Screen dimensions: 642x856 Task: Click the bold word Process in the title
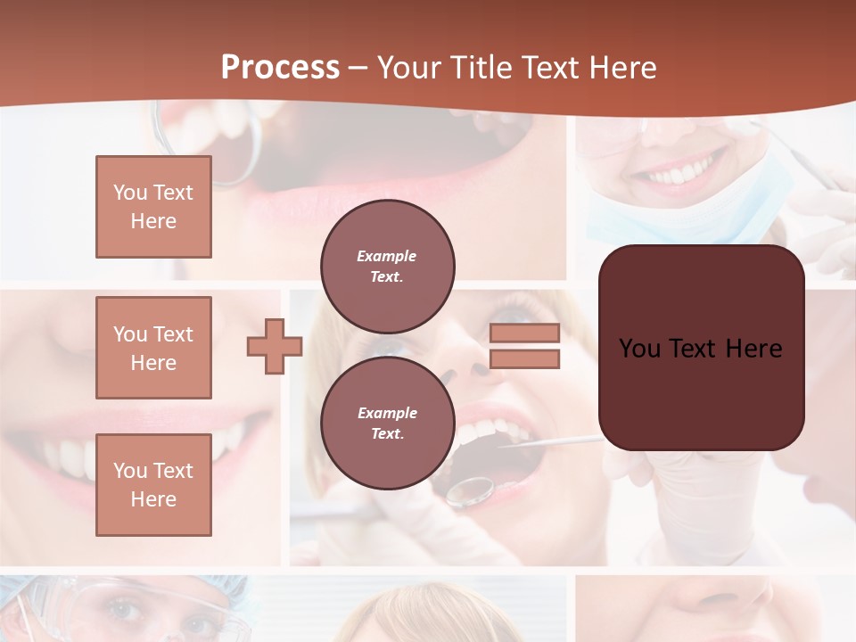click(x=280, y=68)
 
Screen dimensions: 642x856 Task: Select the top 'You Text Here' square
click(x=153, y=207)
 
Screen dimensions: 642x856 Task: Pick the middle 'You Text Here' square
click(x=153, y=348)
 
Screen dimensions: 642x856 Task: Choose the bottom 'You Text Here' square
click(x=153, y=484)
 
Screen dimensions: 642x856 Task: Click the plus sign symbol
click(x=275, y=346)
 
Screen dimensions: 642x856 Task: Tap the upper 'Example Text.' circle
click(x=387, y=266)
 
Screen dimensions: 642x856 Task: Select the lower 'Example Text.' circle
click(x=387, y=423)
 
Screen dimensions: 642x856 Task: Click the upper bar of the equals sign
click(x=524, y=333)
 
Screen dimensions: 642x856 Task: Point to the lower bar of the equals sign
click(x=524, y=358)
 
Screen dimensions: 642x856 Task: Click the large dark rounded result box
click(x=701, y=348)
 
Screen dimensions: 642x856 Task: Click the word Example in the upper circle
click(x=386, y=256)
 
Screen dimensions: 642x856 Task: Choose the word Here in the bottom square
click(x=153, y=499)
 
